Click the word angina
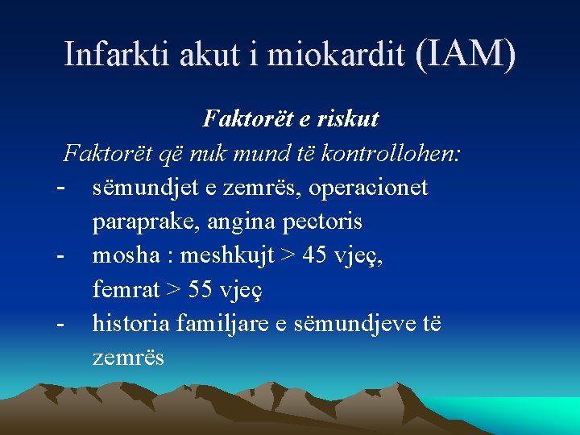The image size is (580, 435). click(240, 222)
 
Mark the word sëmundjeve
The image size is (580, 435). click(356, 324)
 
